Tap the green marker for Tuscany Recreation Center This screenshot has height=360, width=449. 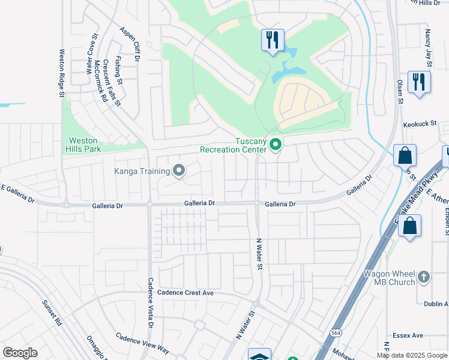click(276, 145)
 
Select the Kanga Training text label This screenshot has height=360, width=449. click(142, 171)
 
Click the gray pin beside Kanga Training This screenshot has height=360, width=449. click(178, 171)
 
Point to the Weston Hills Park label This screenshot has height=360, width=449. click(84, 145)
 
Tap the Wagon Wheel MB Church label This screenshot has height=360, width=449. click(389, 278)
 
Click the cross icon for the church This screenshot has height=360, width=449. click(424, 277)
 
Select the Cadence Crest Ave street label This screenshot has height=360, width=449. click(185, 293)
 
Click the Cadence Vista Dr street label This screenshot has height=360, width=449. click(151, 302)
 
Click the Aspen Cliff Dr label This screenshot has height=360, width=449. click(129, 44)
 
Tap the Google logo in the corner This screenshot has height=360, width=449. click(20, 353)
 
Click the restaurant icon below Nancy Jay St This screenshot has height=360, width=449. click(418, 82)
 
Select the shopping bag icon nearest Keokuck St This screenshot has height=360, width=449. click(405, 155)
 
